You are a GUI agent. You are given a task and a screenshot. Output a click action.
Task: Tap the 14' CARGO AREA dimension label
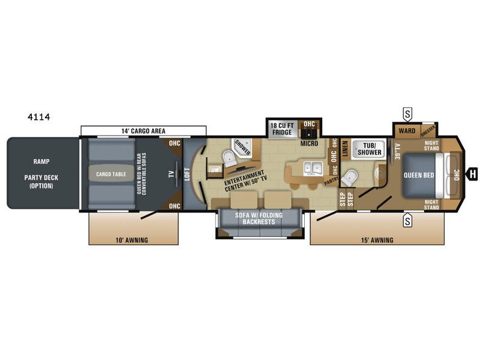click(143, 131)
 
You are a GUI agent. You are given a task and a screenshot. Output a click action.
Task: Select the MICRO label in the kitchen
click(310, 144)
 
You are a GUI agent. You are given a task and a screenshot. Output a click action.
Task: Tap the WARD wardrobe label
click(406, 130)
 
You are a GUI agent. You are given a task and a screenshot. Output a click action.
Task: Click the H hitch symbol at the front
click(473, 173)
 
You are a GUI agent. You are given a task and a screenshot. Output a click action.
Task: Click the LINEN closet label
click(345, 148)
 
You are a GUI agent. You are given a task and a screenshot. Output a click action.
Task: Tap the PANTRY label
click(329, 179)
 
